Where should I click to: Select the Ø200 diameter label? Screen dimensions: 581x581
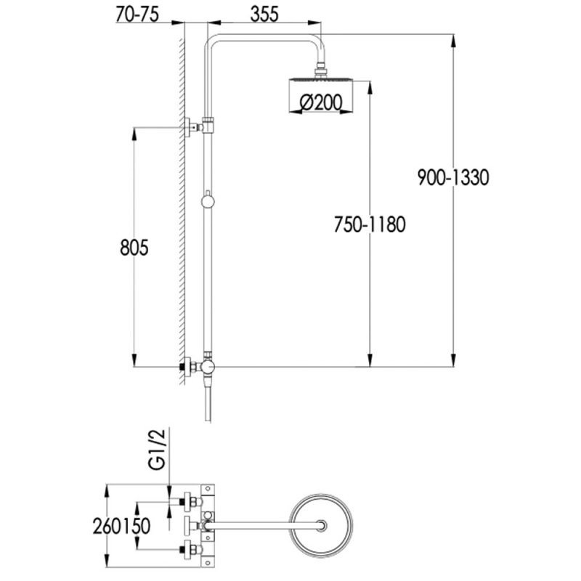[320, 104]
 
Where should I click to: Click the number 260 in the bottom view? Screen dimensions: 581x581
[107, 525]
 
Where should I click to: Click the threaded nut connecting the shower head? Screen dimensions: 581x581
[320, 70]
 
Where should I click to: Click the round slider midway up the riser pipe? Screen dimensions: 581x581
[208, 200]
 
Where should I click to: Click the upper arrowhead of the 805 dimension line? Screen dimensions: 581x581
[134, 131]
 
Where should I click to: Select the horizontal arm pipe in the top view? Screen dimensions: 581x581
[261, 524]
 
